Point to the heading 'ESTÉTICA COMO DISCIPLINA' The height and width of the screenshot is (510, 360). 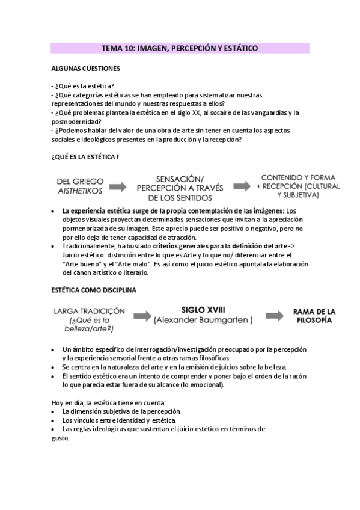(x=93, y=290)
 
